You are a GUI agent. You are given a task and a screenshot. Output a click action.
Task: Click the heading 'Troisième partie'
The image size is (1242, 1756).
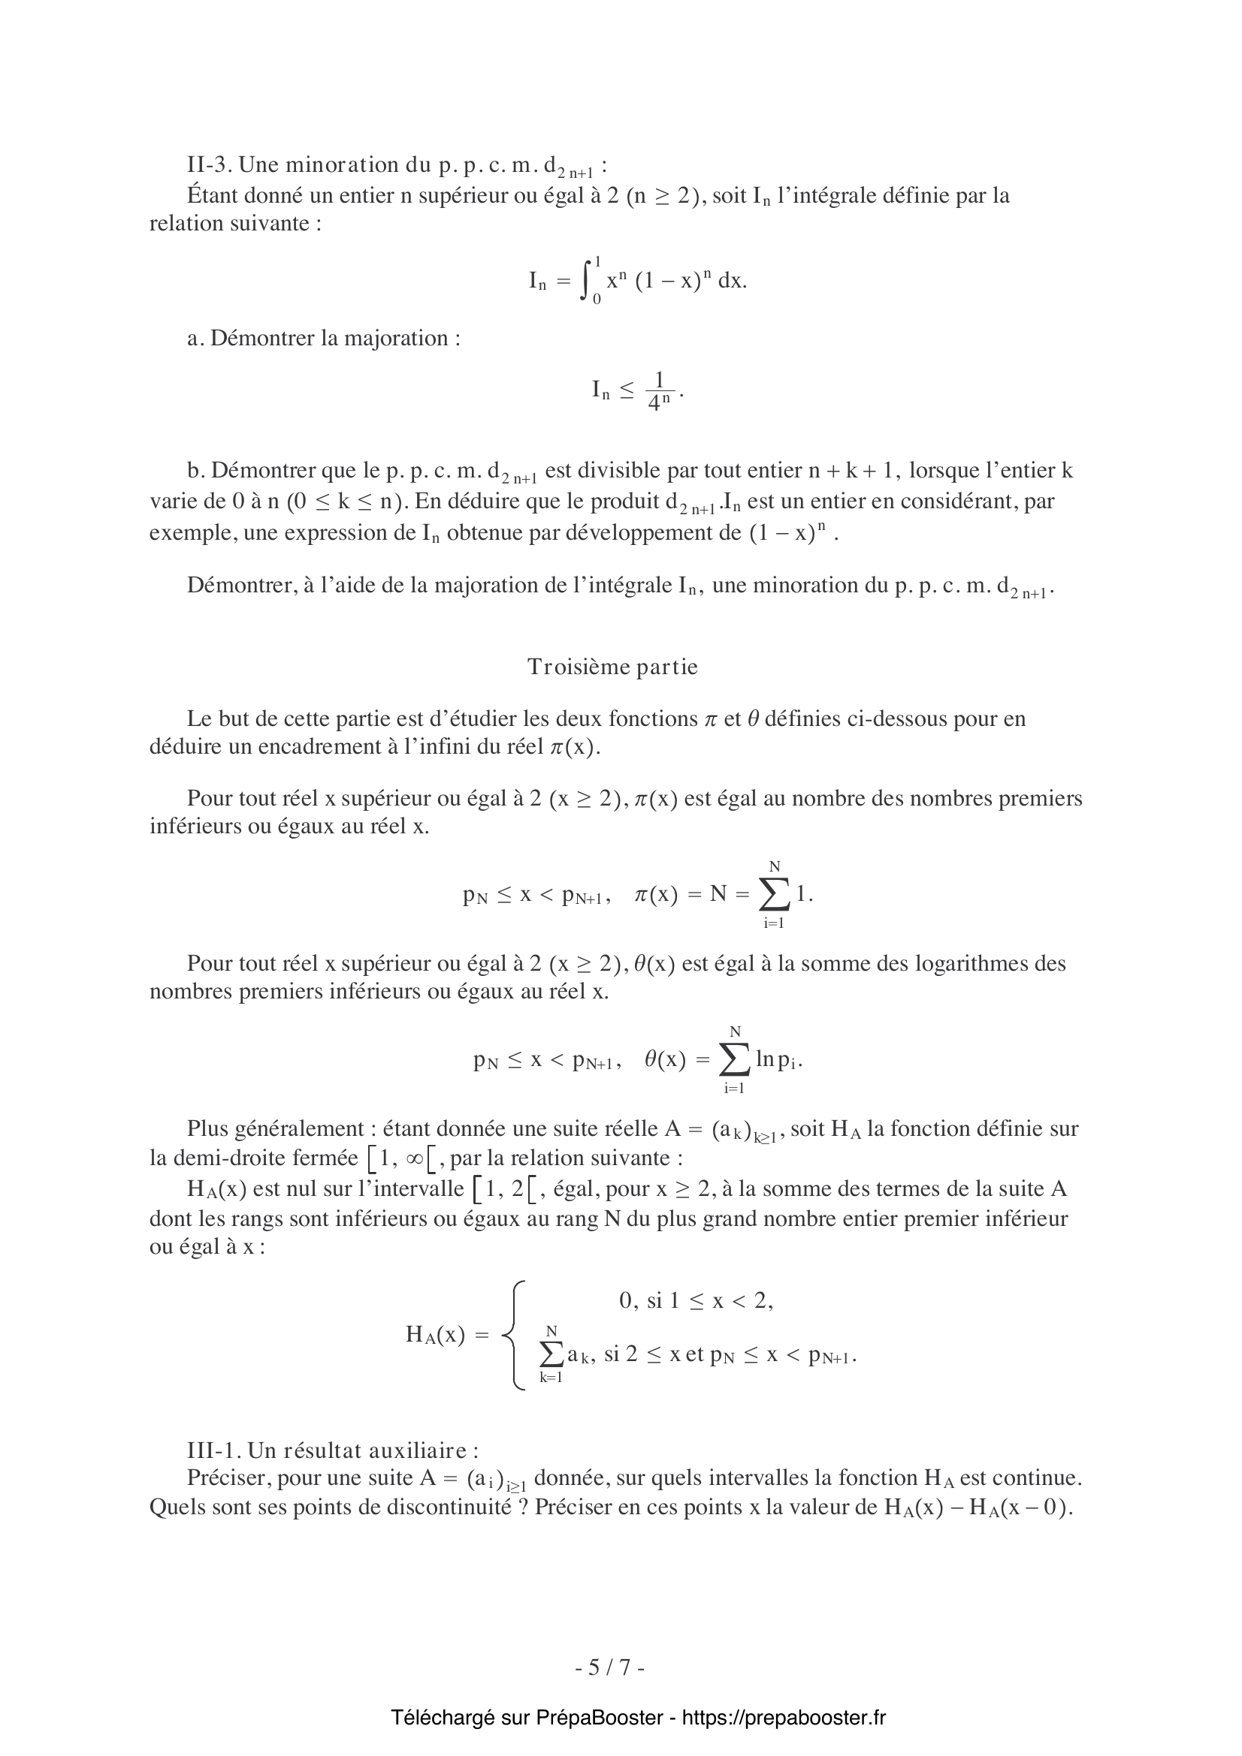(612, 667)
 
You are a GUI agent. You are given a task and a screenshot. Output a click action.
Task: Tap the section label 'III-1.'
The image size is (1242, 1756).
(214, 1450)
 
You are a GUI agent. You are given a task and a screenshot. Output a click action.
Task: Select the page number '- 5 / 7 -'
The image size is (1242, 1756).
(610, 1667)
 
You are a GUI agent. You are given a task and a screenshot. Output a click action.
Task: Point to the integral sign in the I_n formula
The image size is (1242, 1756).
(586, 281)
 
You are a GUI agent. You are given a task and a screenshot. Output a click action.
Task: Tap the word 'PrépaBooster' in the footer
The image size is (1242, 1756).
(599, 1718)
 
